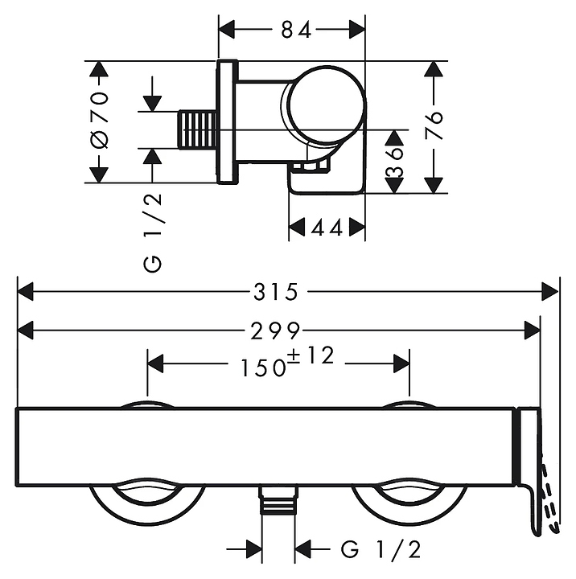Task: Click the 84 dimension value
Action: tap(296, 30)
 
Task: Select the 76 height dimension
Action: tap(434, 125)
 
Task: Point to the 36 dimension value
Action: tap(394, 162)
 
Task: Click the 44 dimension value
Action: tap(327, 228)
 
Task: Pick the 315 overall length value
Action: tap(276, 292)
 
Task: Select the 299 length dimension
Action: tap(275, 331)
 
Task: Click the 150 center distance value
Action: tap(263, 368)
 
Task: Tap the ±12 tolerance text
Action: tap(311, 355)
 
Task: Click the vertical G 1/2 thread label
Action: tap(153, 233)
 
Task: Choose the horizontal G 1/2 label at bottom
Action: tap(381, 550)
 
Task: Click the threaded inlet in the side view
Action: tap(197, 130)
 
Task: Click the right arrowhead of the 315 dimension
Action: tap(549, 292)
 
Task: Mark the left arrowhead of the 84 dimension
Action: tap(227, 30)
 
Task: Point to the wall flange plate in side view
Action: tap(227, 121)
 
